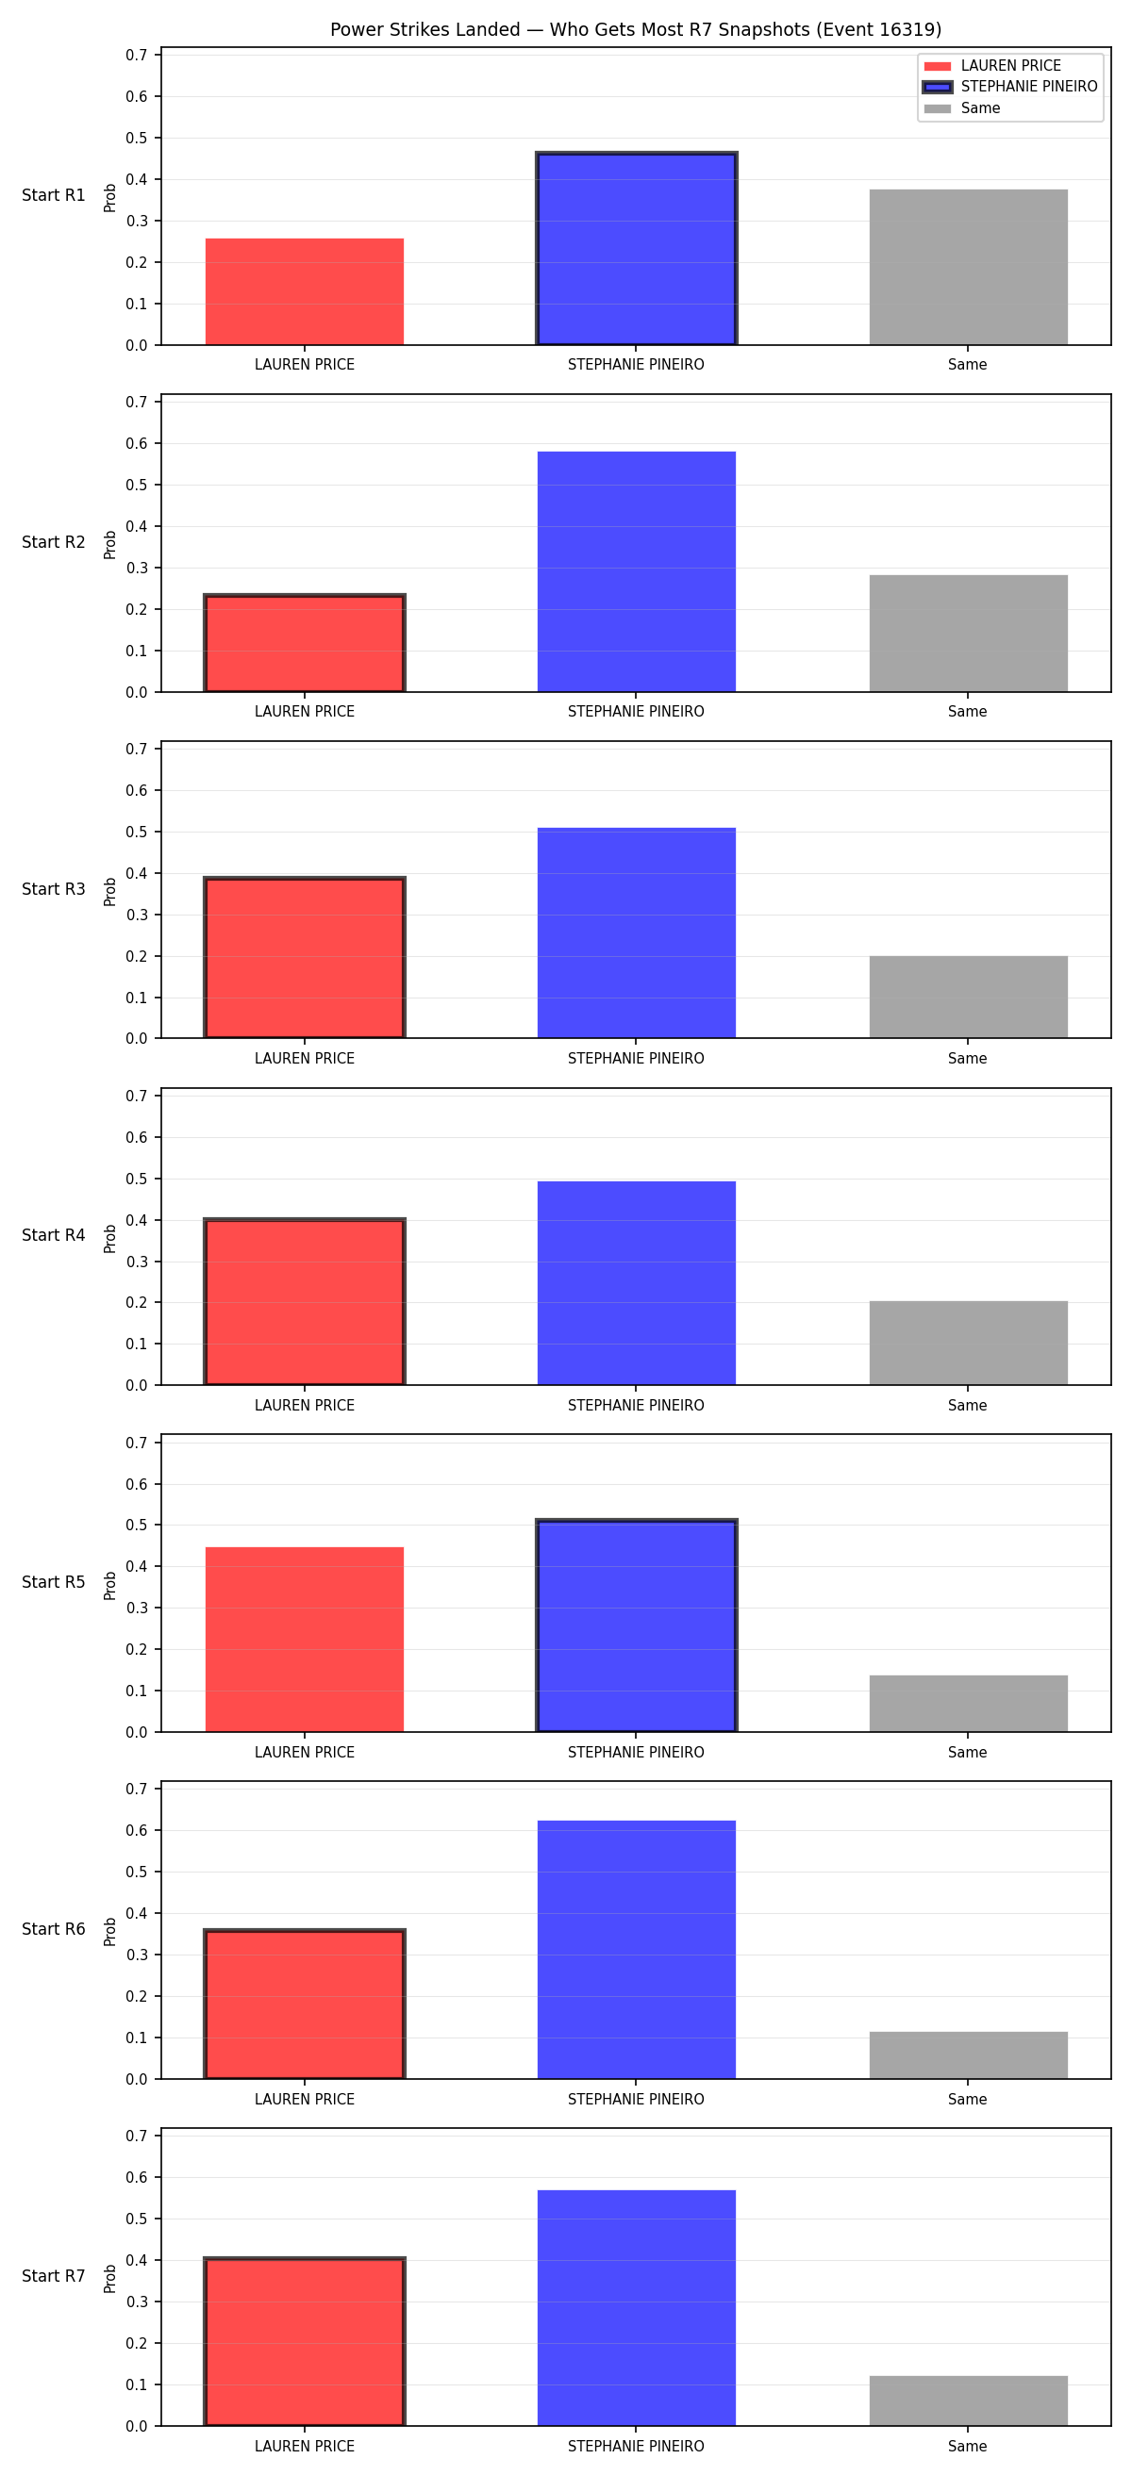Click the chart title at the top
635,30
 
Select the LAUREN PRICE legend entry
991,65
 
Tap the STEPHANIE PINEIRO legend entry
1010,87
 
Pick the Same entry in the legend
962,107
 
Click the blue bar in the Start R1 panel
636,248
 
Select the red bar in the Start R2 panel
305,643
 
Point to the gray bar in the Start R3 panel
968,998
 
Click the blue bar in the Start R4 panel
636,1282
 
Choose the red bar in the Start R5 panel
305,1639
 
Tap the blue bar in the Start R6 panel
636,1950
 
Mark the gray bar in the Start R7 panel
968,2401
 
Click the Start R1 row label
54,195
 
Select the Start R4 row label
54,1235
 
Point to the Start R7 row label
54,2276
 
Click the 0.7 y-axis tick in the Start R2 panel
137,402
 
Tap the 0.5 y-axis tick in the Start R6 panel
137,1872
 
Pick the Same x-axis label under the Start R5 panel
968,1753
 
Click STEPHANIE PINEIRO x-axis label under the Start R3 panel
636,1059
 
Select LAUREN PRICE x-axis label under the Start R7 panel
305,2446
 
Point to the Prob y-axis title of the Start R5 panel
110,1584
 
